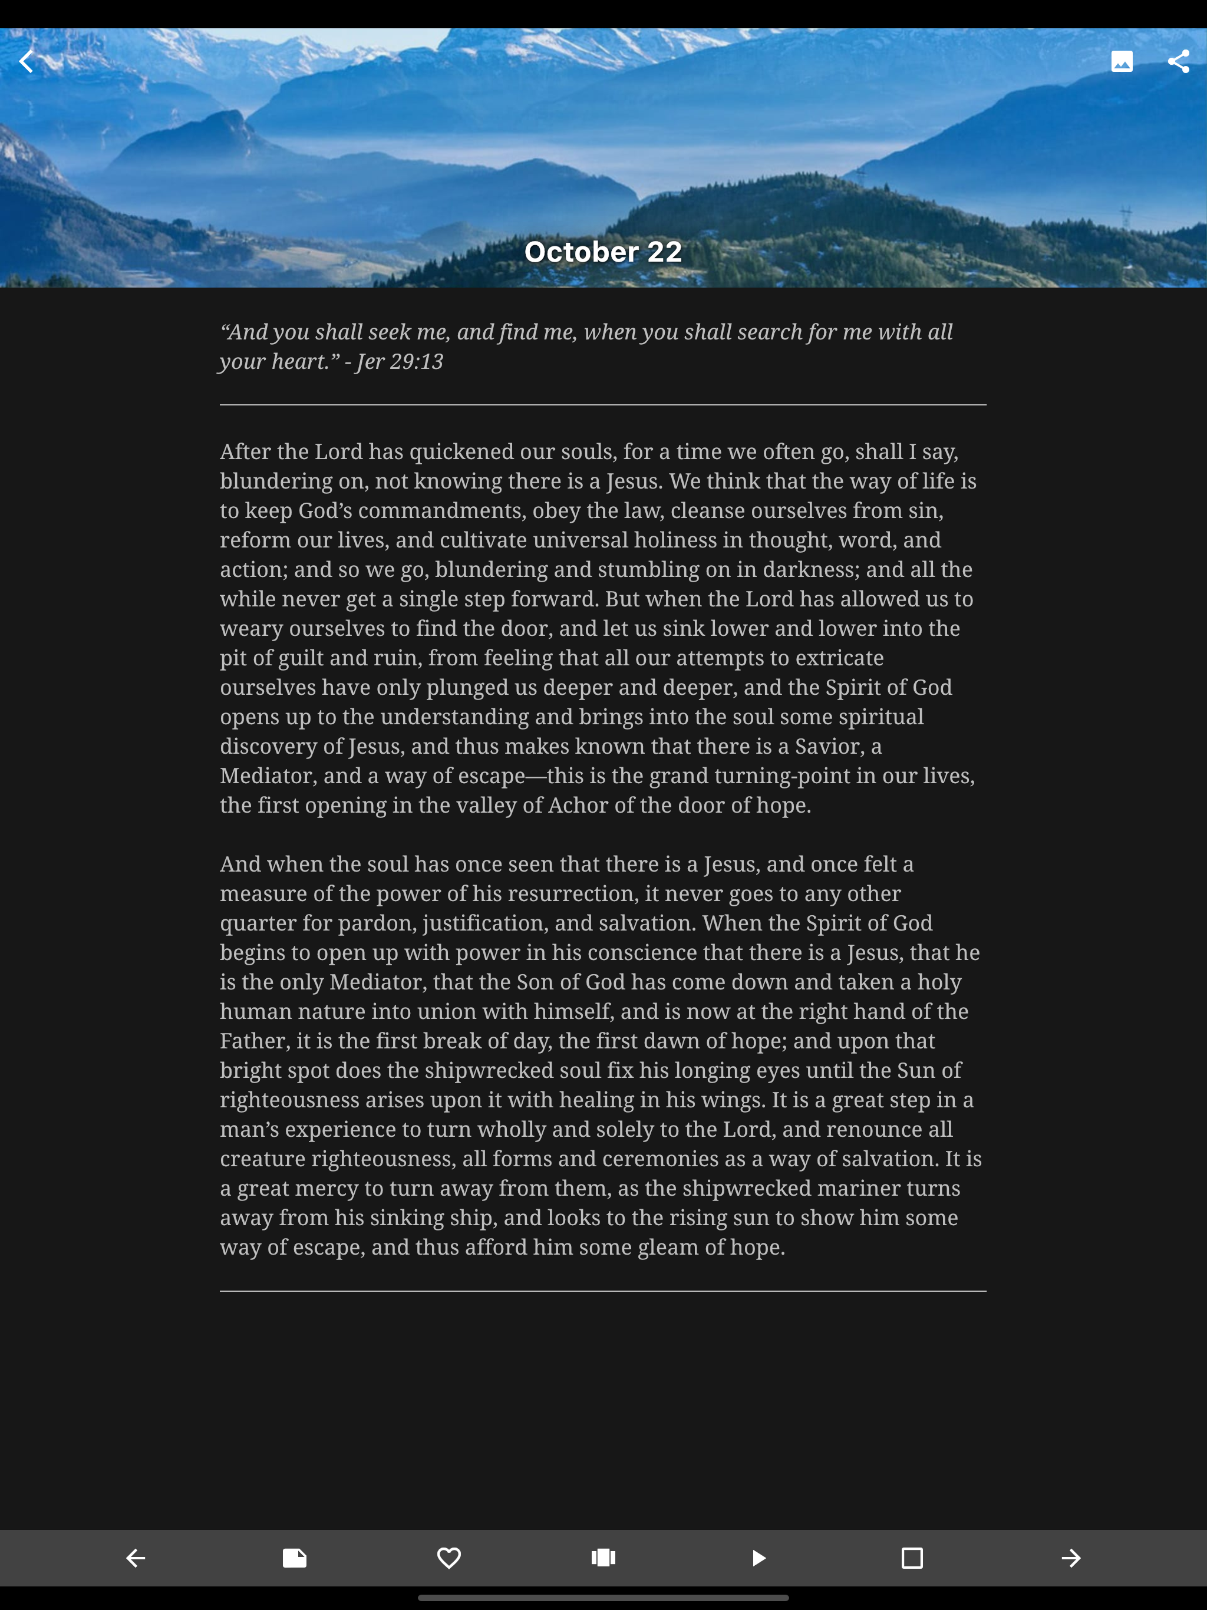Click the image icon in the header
coord(1122,61)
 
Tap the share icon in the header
coord(1179,61)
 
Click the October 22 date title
coord(603,252)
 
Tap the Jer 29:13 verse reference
coord(400,362)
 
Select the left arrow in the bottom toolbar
coord(136,1558)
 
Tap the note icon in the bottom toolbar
coord(294,1558)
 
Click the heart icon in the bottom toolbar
coord(448,1558)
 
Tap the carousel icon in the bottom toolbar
coord(603,1558)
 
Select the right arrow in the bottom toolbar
coord(1070,1558)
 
